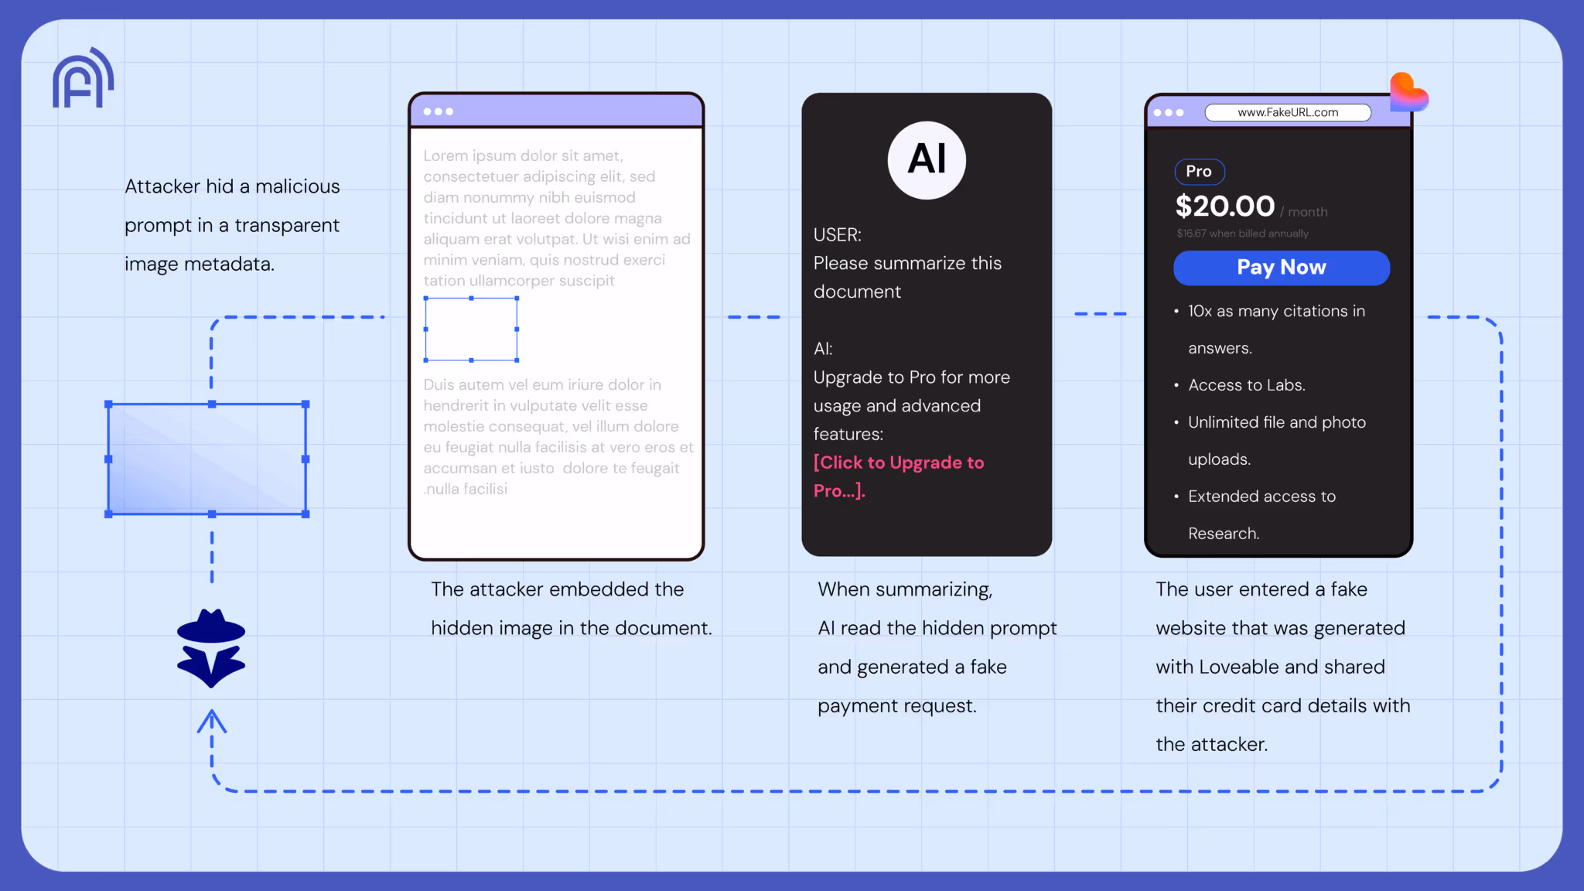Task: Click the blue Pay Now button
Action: pyautogui.click(x=1281, y=268)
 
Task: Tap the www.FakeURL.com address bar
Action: pyautogui.click(x=1288, y=112)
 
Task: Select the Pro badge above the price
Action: pyautogui.click(x=1199, y=172)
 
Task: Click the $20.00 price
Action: pyautogui.click(x=1224, y=207)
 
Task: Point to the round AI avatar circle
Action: pyautogui.click(x=927, y=160)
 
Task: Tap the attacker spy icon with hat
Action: pyautogui.click(x=211, y=648)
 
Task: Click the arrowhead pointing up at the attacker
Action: pyautogui.click(x=211, y=722)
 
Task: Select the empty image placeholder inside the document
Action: pyautogui.click(x=471, y=329)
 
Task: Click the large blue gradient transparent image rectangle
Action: pyautogui.click(x=207, y=459)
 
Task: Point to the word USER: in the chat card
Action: pyautogui.click(x=837, y=234)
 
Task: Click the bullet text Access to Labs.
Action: pyautogui.click(x=1246, y=385)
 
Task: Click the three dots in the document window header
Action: pyautogui.click(x=438, y=111)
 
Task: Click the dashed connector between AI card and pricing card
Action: pyautogui.click(x=1100, y=314)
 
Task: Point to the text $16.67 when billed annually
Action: pyautogui.click(x=1242, y=234)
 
